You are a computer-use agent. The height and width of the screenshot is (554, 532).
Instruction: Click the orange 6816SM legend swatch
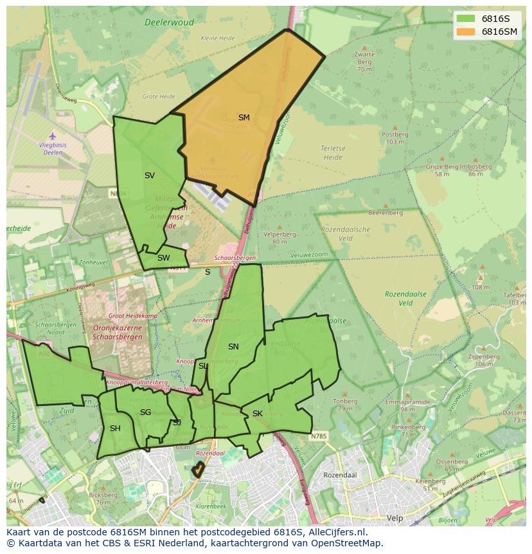[x=466, y=32]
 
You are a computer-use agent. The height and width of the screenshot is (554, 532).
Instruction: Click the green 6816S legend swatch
[x=466, y=19]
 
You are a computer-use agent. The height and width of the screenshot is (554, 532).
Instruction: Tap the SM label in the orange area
[x=244, y=118]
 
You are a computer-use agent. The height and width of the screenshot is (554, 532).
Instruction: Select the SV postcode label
[x=149, y=176]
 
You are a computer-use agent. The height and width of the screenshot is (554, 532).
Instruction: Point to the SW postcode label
[x=163, y=258]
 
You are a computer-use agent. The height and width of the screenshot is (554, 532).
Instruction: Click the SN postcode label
[x=233, y=347]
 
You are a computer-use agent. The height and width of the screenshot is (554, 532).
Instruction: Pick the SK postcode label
[x=257, y=414]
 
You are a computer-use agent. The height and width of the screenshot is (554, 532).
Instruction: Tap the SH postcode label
[x=115, y=429]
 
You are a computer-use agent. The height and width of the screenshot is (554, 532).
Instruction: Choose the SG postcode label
[x=145, y=412]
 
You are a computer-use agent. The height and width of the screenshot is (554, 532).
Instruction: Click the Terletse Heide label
[x=333, y=152]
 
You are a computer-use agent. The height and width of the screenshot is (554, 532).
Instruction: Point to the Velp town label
[x=394, y=517]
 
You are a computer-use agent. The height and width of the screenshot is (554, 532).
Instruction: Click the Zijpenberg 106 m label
[x=483, y=360]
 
